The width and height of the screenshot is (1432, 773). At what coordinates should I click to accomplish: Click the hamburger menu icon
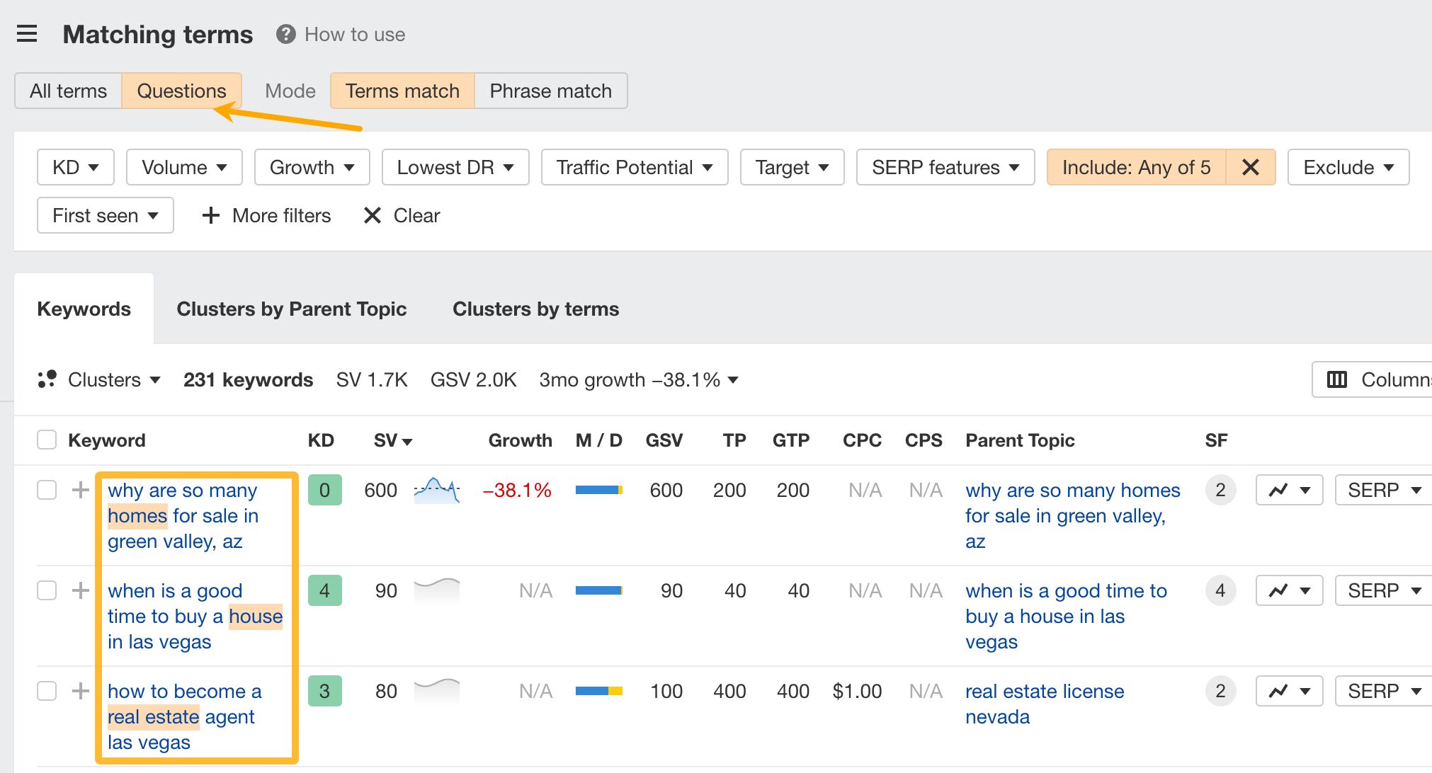(x=27, y=34)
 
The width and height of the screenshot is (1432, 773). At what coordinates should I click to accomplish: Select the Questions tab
(x=181, y=91)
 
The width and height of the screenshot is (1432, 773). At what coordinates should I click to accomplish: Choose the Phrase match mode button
(x=550, y=91)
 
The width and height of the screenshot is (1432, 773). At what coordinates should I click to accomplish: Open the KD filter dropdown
(x=75, y=167)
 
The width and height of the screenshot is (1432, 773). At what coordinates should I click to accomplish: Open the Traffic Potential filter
(x=634, y=167)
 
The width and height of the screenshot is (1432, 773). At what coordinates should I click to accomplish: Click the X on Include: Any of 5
(x=1251, y=167)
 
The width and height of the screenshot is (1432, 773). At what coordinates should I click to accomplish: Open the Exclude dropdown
(x=1348, y=167)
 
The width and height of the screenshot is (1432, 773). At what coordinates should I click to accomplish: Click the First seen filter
(x=105, y=215)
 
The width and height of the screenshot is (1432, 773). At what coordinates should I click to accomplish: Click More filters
(x=267, y=215)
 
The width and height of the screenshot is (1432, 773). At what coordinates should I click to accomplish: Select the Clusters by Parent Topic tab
(x=291, y=309)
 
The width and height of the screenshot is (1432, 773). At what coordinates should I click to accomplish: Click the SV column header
(x=392, y=440)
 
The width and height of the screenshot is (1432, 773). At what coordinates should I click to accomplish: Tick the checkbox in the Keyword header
(x=47, y=440)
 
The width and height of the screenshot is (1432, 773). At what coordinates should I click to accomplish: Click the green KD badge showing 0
(x=324, y=490)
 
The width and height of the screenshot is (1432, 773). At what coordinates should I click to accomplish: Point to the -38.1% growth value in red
(x=516, y=490)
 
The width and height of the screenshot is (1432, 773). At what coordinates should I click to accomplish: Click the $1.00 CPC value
(x=857, y=691)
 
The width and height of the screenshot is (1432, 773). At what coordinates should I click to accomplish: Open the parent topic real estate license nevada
(x=1044, y=704)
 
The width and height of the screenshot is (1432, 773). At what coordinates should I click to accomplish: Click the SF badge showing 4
(x=1220, y=590)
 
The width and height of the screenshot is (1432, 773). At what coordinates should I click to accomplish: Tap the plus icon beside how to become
(x=81, y=691)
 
